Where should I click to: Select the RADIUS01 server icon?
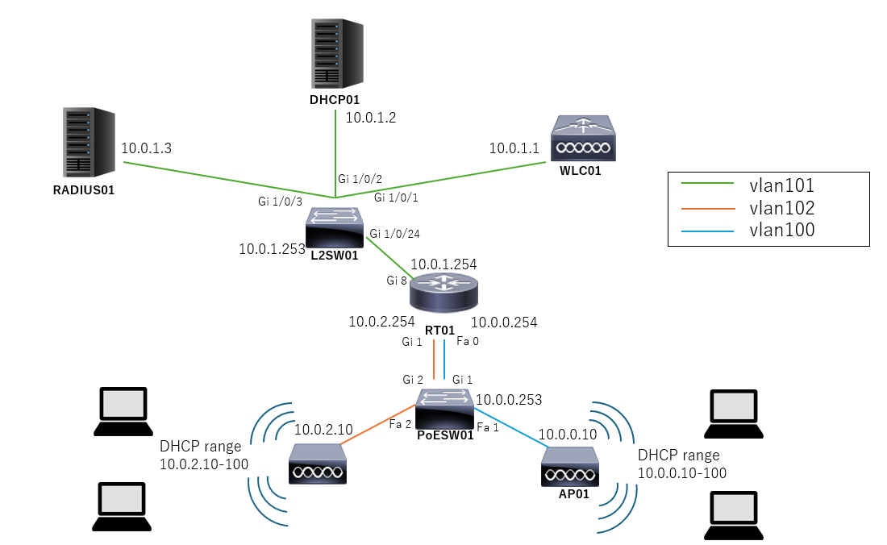(88, 142)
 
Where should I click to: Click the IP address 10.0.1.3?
(147, 149)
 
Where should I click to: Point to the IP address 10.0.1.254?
(443, 264)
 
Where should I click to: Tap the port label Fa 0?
(468, 341)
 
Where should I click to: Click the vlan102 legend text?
(781, 208)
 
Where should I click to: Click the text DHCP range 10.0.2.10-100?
(203, 455)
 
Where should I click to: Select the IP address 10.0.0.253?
(509, 399)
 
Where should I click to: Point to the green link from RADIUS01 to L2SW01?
(226, 179)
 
